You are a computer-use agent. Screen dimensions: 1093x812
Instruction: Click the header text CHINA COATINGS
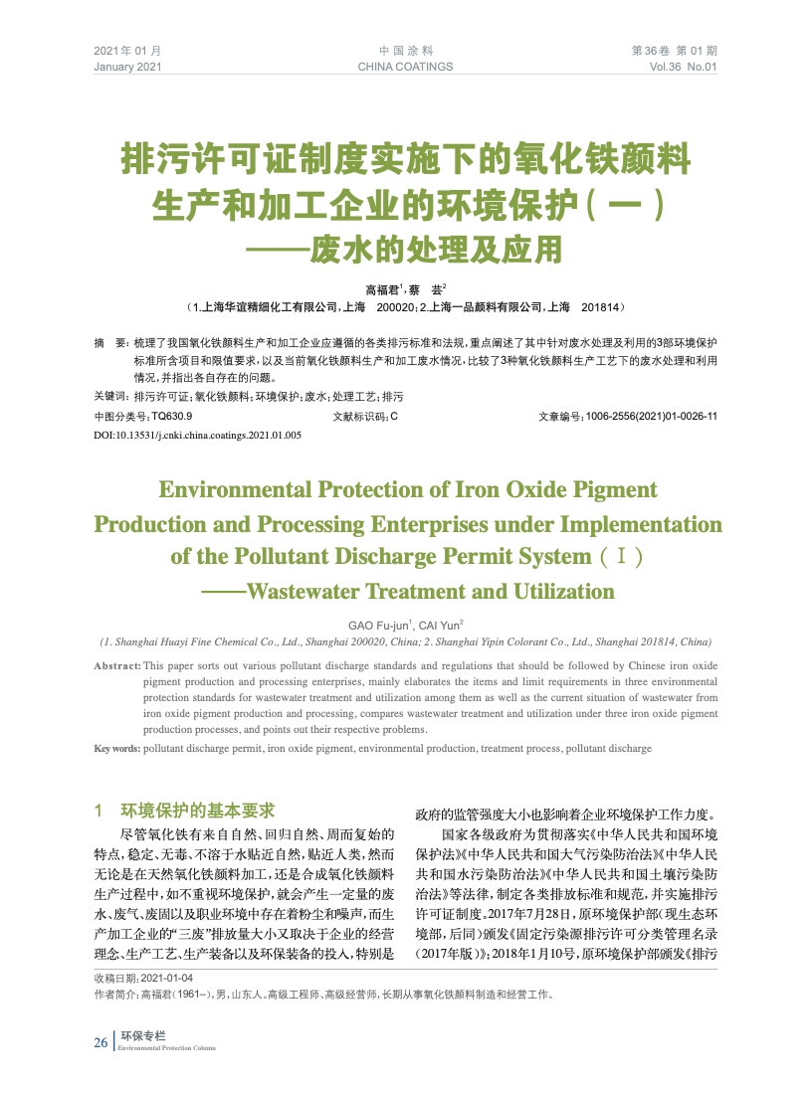point(404,67)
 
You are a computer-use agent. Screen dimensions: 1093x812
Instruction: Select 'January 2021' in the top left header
point(127,67)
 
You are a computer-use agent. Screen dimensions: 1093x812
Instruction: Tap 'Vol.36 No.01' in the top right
point(683,67)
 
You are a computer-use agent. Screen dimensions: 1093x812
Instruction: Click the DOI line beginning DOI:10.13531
point(197,436)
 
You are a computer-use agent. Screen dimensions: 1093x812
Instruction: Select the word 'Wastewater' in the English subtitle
point(303,592)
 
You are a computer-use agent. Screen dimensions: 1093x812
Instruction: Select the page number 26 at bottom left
point(101,1042)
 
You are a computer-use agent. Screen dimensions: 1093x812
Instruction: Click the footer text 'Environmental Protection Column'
point(166,1048)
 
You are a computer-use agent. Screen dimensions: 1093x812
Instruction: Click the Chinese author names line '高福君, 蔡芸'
point(406,289)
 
